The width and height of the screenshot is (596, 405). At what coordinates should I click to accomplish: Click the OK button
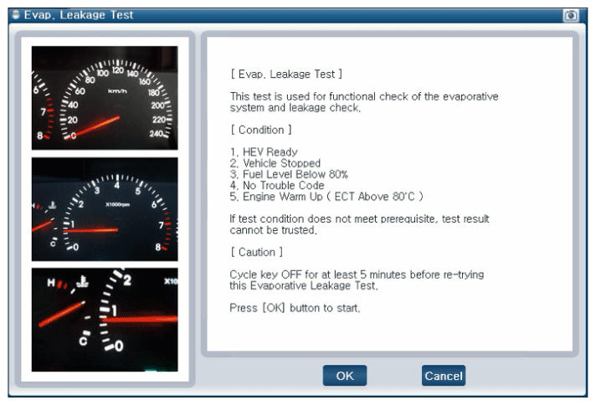pyautogui.click(x=345, y=376)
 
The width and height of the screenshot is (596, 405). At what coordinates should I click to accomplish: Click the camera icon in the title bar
pyautogui.click(x=571, y=15)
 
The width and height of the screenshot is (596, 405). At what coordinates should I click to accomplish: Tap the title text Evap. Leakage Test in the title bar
pyautogui.click(x=79, y=15)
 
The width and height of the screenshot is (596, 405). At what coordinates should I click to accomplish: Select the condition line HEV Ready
pyautogui.click(x=264, y=152)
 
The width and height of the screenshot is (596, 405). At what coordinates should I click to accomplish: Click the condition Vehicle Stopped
pyautogui.click(x=275, y=163)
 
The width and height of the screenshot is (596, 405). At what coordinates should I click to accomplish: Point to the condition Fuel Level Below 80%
pyautogui.click(x=289, y=174)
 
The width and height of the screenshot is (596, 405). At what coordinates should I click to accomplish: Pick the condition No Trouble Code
pyautogui.click(x=277, y=185)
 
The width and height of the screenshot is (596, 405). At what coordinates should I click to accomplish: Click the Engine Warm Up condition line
pyautogui.click(x=326, y=197)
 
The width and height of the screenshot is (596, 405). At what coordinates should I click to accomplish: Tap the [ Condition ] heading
pyautogui.click(x=261, y=130)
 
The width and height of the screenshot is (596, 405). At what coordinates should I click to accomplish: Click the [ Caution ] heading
pyautogui.click(x=257, y=252)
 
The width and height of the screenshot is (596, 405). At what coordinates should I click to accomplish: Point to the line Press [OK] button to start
pyautogui.click(x=295, y=308)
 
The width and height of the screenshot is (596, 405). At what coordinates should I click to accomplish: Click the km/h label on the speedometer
pyautogui.click(x=117, y=91)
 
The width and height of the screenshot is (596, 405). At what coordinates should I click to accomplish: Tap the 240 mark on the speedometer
pyautogui.click(x=157, y=133)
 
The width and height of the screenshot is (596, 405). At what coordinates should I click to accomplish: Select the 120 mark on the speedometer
pyautogui.click(x=118, y=70)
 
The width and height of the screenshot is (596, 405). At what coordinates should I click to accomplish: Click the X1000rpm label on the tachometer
pyautogui.click(x=117, y=204)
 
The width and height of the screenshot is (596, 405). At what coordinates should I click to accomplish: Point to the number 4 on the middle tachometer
pyautogui.click(x=116, y=186)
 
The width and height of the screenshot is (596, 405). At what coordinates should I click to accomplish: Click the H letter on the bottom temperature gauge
pyautogui.click(x=51, y=283)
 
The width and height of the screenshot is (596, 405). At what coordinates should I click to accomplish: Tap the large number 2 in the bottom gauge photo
pyautogui.click(x=127, y=281)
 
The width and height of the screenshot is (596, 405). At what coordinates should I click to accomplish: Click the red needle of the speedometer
pyautogui.click(x=95, y=127)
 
